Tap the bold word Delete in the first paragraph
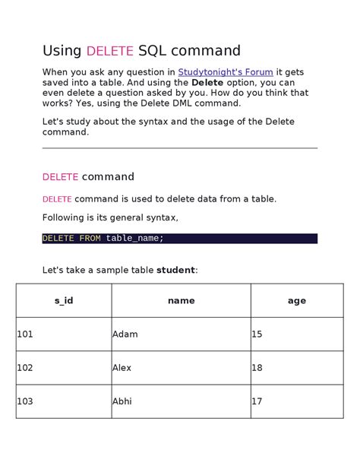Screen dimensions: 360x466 [207, 82]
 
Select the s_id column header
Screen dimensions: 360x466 [64, 300]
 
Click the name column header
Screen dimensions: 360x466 [181, 300]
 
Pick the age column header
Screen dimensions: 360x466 [296, 300]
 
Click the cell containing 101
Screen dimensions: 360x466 [25, 334]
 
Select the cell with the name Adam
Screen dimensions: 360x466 [125, 334]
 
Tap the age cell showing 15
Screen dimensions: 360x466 [257, 334]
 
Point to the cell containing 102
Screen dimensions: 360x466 [25, 367]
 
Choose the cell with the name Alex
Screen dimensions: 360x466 [122, 367]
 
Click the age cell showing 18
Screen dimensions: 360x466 [257, 367]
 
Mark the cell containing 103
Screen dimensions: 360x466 [25, 401]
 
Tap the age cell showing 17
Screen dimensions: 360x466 [257, 401]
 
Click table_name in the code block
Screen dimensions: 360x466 [134, 238]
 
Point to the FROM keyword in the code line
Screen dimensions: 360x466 [90, 238]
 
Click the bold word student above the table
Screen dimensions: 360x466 [175, 270]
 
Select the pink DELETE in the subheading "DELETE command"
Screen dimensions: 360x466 [60, 177]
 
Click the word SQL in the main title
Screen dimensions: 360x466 [151, 51]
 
